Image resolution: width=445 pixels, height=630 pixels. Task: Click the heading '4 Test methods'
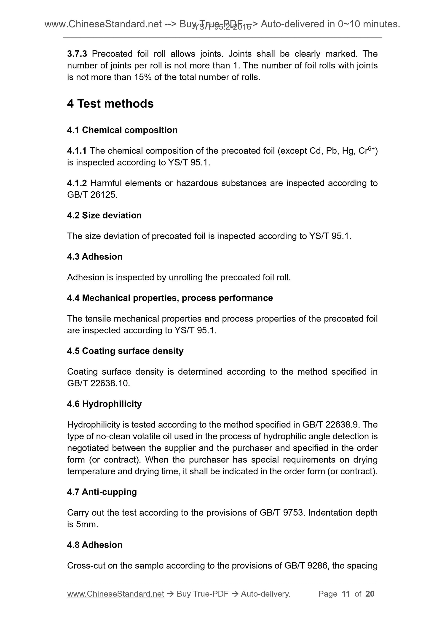click(110, 104)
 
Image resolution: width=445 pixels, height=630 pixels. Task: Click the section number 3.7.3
click(77, 54)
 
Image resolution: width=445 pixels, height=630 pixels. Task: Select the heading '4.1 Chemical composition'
click(122, 130)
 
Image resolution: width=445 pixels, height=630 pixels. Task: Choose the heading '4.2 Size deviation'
click(104, 215)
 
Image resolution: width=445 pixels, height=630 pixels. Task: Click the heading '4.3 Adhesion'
click(95, 257)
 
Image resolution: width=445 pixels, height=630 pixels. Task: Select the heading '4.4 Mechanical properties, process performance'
click(170, 298)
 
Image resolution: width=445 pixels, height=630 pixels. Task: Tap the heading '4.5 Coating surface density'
click(125, 351)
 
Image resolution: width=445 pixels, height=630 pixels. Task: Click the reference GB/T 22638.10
click(98, 383)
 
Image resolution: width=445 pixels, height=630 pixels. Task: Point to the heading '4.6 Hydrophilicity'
click(104, 404)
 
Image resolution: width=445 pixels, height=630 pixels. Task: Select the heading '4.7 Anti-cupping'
click(102, 492)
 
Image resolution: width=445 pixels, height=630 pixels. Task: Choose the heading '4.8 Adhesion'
click(95, 545)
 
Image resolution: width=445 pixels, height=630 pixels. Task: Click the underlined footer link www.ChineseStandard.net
click(115, 594)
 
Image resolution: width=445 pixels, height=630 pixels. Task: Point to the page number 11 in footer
click(346, 594)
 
